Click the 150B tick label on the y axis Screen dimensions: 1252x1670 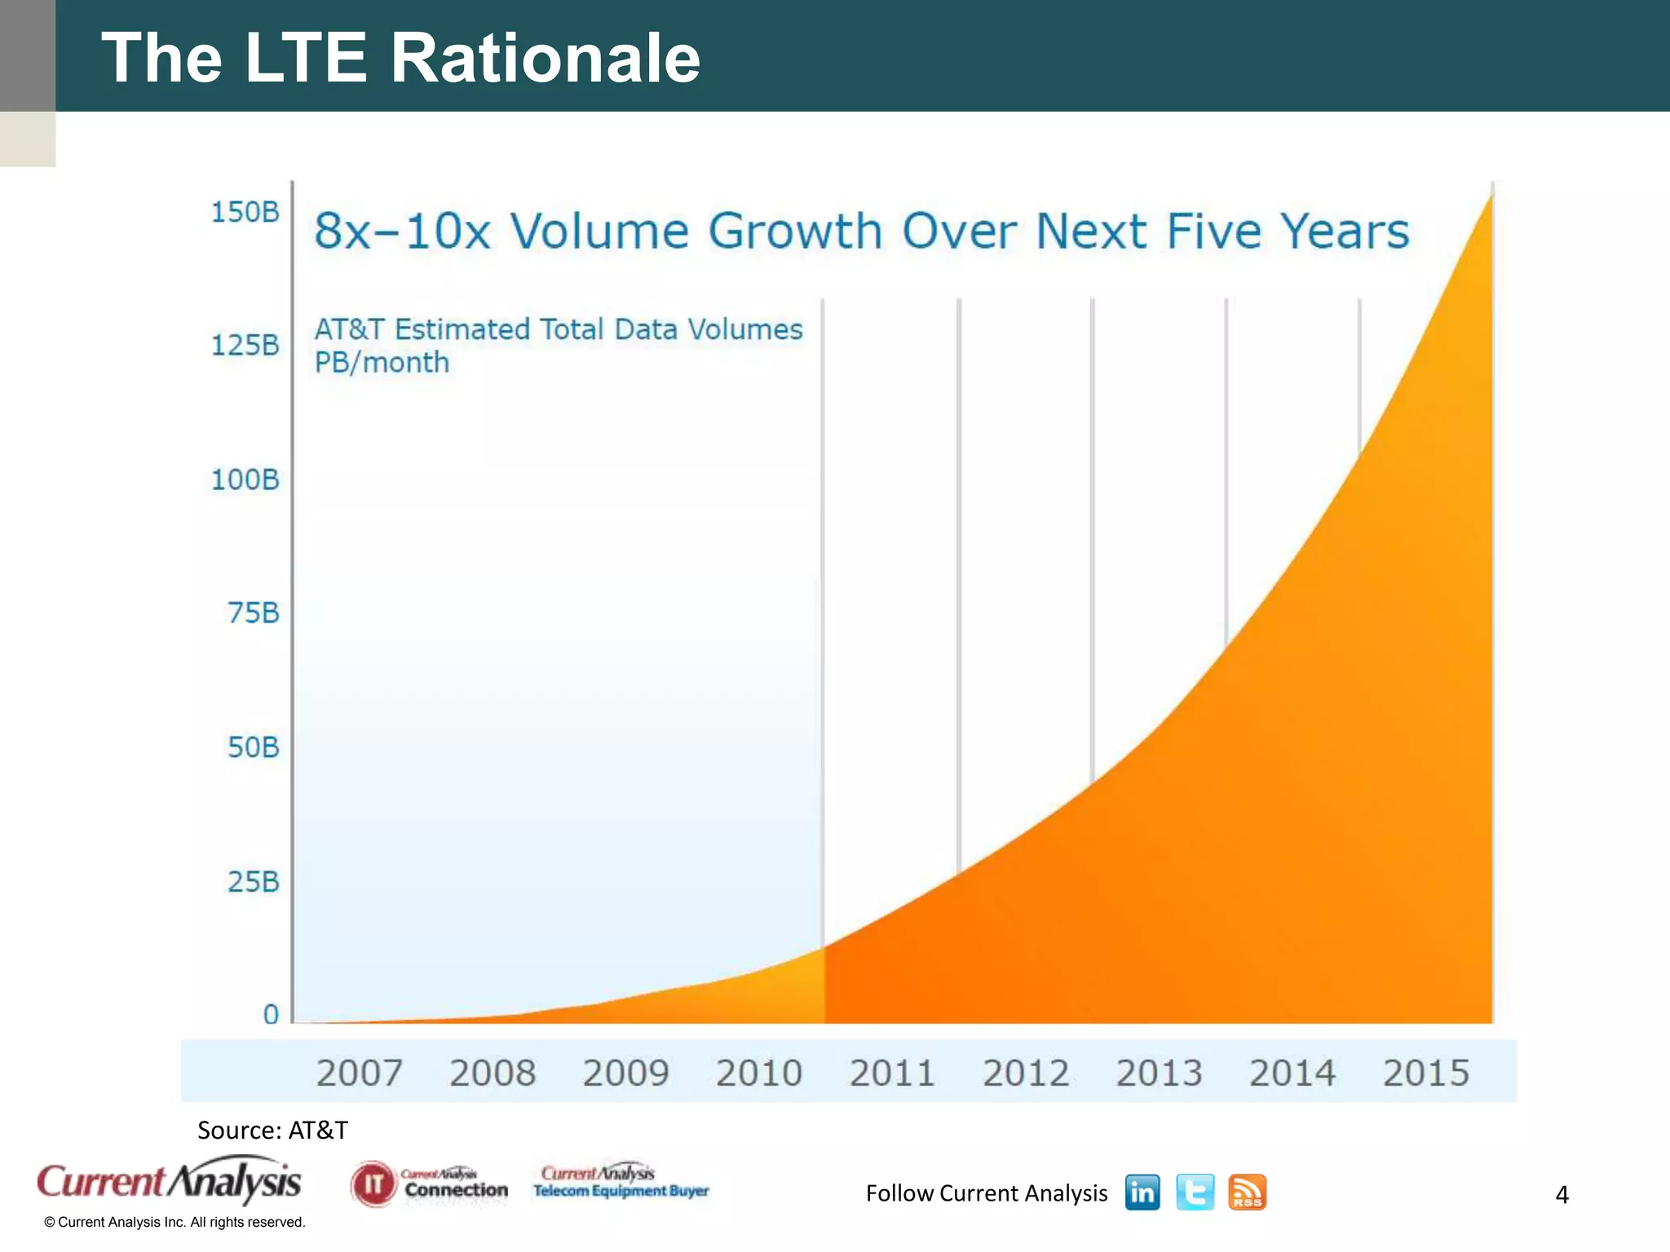click(245, 212)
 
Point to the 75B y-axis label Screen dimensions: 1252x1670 click(253, 613)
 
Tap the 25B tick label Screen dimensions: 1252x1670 click(253, 881)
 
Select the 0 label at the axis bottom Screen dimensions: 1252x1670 click(271, 1015)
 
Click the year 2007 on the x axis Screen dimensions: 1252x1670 click(359, 1073)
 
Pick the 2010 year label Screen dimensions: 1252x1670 click(758, 1073)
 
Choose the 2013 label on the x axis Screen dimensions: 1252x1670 click(1159, 1073)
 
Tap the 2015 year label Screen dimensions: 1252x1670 click(1425, 1073)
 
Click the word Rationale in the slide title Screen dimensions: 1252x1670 click(545, 57)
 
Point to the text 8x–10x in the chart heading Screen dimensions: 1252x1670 click(402, 231)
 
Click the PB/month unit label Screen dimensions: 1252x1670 click(382, 362)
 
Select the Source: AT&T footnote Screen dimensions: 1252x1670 click(272, 1130)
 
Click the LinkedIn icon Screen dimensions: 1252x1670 click(1142, 1192)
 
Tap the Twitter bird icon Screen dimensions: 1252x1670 click(1195, 1192)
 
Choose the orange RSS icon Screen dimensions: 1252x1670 click(1247, 1192)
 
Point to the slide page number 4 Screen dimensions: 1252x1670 click(1562, 1195)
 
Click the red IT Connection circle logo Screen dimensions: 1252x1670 click(373, 1184)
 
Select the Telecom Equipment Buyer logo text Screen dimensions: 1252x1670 click(621, 1191)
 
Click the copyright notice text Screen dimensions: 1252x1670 click(175, 1222)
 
